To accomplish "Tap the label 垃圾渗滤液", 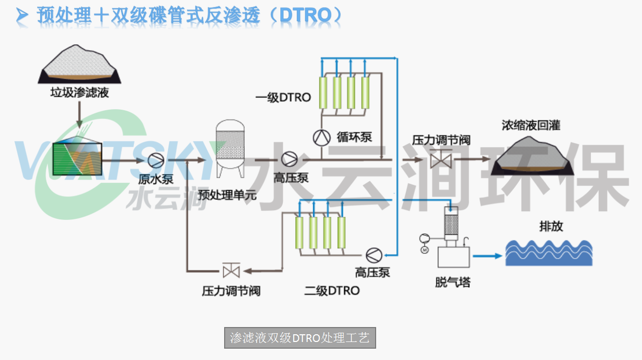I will [79, 93].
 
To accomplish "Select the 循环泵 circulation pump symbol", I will [321, 137].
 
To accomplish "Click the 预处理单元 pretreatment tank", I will [230, 146].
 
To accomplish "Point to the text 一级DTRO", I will [283, 96].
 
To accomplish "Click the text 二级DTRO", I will [331, 290].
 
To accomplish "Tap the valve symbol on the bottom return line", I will [230, 270].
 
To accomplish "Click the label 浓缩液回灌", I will [531, 125].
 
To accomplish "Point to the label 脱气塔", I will [452, 282].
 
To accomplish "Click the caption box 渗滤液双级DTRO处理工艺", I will [300, 338].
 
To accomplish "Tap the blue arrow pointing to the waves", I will [487, 255].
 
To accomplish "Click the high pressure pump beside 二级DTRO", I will [373, 254].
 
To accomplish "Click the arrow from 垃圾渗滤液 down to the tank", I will [79, 114].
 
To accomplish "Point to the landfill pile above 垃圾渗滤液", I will [80, 64].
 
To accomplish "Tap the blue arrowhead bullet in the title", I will [22, 16].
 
